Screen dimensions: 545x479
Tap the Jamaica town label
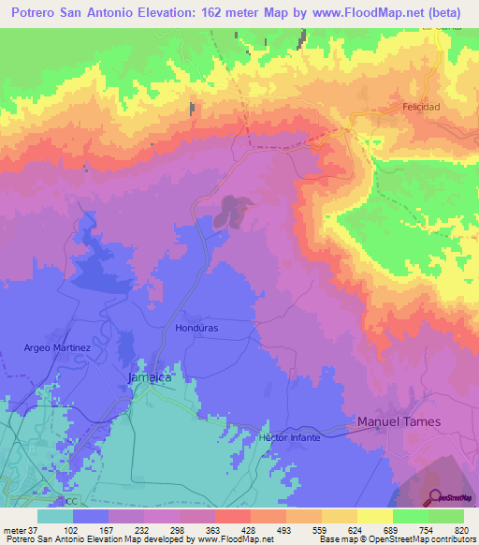149,376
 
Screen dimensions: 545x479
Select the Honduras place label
196,329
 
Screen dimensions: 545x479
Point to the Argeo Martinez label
57,348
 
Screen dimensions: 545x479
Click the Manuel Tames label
399,422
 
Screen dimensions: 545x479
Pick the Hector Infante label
290,437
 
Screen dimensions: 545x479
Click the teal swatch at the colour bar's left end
55,517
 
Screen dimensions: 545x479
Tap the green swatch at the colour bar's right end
446,517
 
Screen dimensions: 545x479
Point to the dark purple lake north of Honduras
230,211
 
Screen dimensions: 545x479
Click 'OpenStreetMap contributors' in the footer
412,539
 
